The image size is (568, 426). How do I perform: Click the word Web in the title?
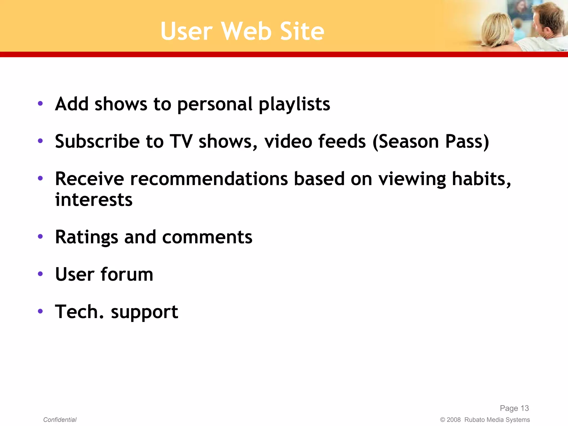point(246,31)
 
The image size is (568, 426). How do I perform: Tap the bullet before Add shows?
point(40,104)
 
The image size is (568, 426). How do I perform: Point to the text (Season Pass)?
point(431,141)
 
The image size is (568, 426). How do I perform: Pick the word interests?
point(94,200)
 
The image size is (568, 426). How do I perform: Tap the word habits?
point(481,179)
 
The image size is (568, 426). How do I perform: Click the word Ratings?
point(87,237)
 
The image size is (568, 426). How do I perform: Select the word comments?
point(207,237)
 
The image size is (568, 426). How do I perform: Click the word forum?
point(127,275)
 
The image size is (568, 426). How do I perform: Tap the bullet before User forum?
point(40,274)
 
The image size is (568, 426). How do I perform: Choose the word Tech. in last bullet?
point(79,312)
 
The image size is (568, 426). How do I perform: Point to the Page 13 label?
point(514,408)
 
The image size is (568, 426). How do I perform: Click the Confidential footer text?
point(60,420)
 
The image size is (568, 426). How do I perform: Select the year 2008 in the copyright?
point(453,420)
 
